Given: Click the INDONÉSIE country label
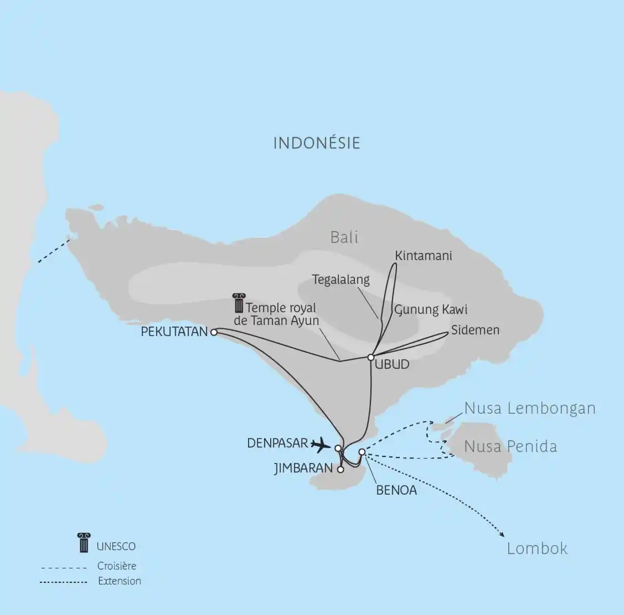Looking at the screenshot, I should click(x=317, y=143).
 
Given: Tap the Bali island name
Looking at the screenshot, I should click(x=344, y=237).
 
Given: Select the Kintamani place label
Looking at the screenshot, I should click(x=424, y=256).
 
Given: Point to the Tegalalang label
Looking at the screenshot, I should click(x=341, y=279).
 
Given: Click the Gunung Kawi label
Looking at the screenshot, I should click(x=431, y=309).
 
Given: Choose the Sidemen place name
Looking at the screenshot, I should click(x=475, y=330).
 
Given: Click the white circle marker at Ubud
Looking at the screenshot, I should click(x=371, y=357).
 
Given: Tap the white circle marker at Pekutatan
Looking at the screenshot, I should click(x=214, y=332).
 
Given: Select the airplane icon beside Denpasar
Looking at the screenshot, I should click(x=321, y=444).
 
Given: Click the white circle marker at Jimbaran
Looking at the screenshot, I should click(x=341, y=469).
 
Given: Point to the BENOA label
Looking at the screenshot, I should click(x=396, y=490).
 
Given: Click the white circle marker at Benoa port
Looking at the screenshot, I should click(x=362, y=452).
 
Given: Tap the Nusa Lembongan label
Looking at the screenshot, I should click(x=529, y=409).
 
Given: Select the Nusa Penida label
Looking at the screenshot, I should click(x=510, y=446).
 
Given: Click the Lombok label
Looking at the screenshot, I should click(x=537, y=548).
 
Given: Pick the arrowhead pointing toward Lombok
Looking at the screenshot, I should click(x=502, y=535).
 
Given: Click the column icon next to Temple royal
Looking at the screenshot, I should click(x=239, y=303).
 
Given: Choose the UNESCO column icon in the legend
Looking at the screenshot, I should click(x=84, y=542).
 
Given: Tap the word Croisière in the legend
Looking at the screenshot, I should click(x=116, y=566).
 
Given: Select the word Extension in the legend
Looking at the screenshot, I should click(x=119, y=581).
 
